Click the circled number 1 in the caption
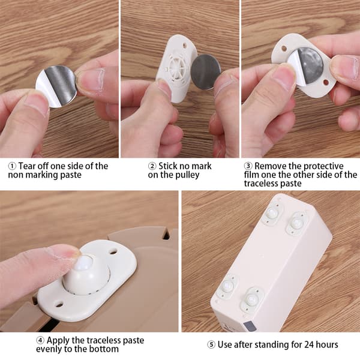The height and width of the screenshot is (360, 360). pos(12,166)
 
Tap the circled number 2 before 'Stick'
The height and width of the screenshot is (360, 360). pos(152,166)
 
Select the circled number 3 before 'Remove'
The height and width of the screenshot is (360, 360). pos(248,166)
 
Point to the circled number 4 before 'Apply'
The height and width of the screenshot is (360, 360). pos(40,340)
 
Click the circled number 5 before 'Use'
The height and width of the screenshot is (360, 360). pos(211,344)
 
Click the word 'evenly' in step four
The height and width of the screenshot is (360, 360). pos(49,349)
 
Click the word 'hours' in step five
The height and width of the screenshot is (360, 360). pos(327,344)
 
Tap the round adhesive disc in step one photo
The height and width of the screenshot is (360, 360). pos(56,86)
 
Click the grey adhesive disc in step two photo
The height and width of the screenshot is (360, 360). pos(206,72)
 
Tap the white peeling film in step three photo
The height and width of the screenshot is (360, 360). pos(295,69)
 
